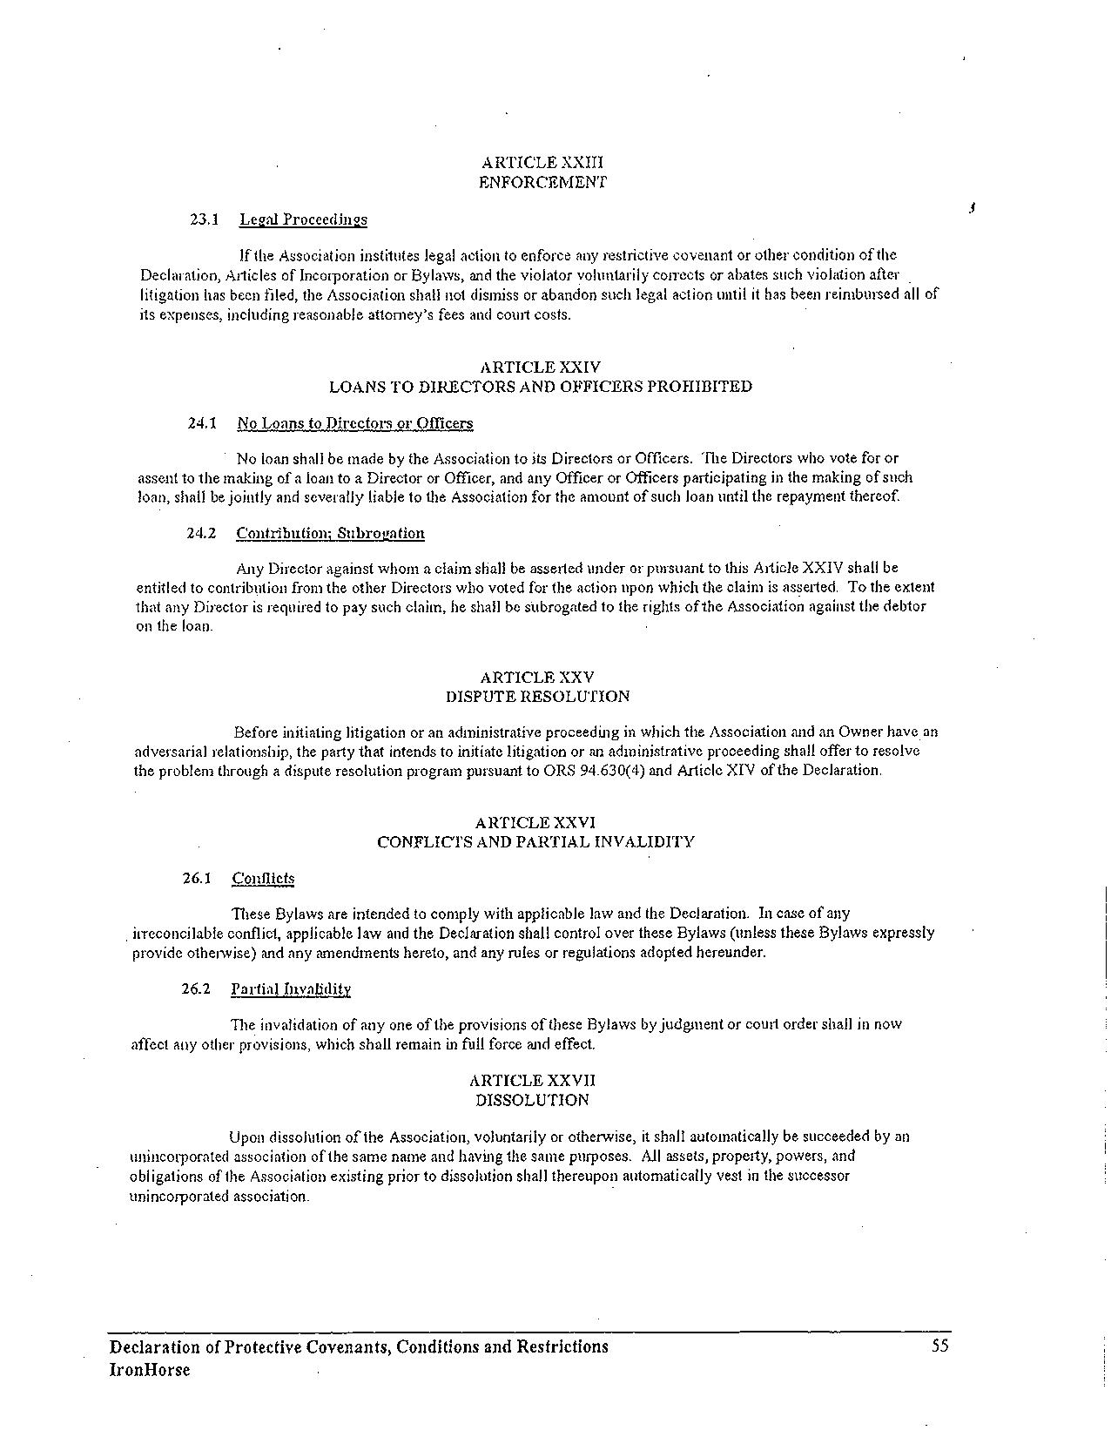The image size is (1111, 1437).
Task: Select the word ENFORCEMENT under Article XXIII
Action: [542, 182]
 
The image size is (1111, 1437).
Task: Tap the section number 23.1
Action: [203, 219]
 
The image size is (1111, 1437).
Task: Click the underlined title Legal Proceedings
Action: [303, 219]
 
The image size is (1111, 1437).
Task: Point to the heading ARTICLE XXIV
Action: [540, 368]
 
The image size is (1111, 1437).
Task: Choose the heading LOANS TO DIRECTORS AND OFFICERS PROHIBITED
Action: [540, 387]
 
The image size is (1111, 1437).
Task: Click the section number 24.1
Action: [201, 423]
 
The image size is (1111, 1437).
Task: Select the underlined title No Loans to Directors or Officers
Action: [354, 423]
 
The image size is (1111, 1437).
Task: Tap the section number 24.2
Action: [201, 533]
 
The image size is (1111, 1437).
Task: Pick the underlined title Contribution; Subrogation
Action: [330, 533]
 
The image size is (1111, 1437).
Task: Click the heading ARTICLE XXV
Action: [537, 677]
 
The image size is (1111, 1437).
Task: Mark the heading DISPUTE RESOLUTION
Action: [537, 697]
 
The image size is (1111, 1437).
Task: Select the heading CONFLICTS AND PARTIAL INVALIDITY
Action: [535, 842]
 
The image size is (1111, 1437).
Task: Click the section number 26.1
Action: [197, 878]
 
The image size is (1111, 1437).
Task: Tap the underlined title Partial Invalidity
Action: [291, 988]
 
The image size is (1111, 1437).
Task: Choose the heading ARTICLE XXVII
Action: [533, 1081]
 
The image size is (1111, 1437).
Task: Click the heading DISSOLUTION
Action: [532, 1100]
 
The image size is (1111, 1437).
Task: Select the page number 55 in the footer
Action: [939, 1346]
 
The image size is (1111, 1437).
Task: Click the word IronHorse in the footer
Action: [150, 1370]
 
